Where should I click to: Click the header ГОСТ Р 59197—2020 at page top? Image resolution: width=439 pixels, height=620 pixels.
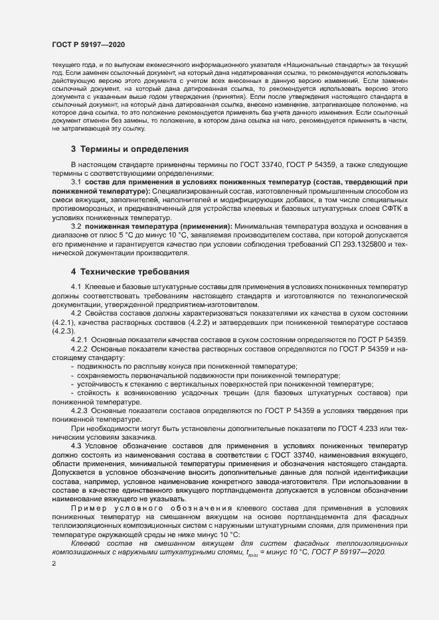88,44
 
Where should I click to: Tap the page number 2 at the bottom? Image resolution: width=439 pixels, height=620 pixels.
53,564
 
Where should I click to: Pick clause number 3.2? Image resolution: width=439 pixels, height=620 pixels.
76,227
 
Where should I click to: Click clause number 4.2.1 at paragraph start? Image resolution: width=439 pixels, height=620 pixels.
79,340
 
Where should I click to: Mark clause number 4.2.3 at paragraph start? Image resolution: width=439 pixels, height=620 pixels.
79,410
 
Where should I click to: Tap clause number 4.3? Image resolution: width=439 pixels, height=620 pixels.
76,446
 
